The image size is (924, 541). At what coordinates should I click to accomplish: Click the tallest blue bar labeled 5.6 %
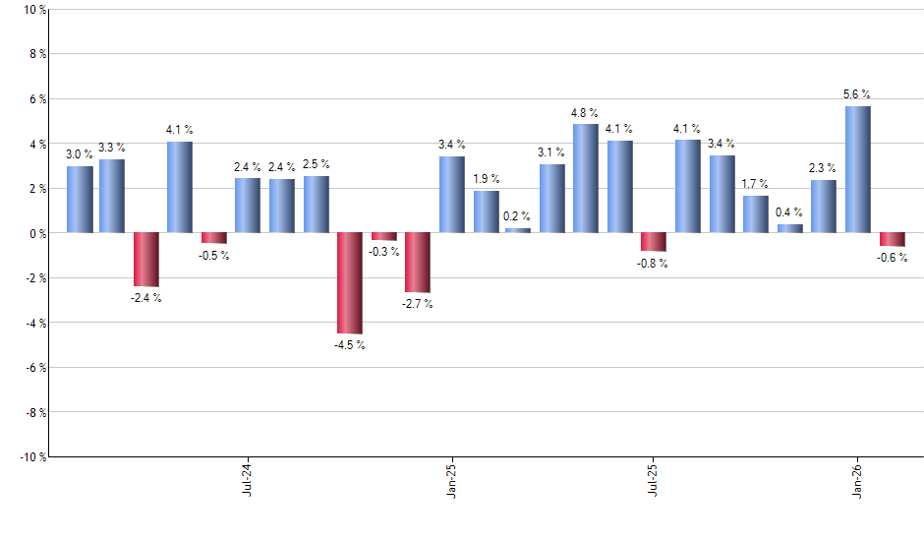[x=857, y=169]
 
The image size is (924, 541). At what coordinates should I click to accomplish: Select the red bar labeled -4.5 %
[x=349, y=283]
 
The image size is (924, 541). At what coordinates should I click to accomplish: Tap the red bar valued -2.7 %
[x=418, y=263]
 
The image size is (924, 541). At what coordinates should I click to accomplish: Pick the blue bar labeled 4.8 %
[x=585, y=178]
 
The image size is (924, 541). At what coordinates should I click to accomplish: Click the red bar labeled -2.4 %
[x=146, y=260]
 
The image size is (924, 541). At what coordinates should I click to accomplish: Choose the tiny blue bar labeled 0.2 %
[x=518, y=230]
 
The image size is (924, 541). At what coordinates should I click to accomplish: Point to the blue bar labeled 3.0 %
[x=80, y=200]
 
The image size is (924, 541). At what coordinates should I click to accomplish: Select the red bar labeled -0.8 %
[x=654, y=242]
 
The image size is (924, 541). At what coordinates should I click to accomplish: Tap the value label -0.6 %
[x=892, y=258]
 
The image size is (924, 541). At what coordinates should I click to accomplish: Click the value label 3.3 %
[x=112, y=148]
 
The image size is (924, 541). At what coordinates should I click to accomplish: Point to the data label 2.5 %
[x=317, y=164]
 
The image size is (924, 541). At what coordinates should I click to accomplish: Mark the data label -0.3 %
[x=384, y=252]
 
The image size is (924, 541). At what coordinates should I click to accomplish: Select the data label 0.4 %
[x=789, y=212]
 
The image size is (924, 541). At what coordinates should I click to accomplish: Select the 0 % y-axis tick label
[x=36, y=234]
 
